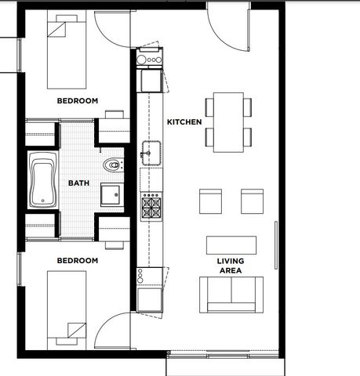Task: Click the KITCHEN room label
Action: [184, 122]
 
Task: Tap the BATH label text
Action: [78, 183]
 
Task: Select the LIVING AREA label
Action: [231, 266]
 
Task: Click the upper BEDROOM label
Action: [78, 101]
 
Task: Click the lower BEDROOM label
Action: [78, 261]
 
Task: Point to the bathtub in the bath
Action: [43, 180]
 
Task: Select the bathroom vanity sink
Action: [111, 195]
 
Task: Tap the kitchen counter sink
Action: [151, 153]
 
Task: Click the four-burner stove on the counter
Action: [151, 207]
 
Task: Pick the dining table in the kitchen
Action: [228, 122]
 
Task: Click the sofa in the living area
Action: [231, 295]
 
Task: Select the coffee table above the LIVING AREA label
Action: [231, 245]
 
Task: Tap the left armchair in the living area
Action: [211, 201]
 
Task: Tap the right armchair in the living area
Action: [253, 201]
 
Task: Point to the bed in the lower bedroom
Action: [67, 310]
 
